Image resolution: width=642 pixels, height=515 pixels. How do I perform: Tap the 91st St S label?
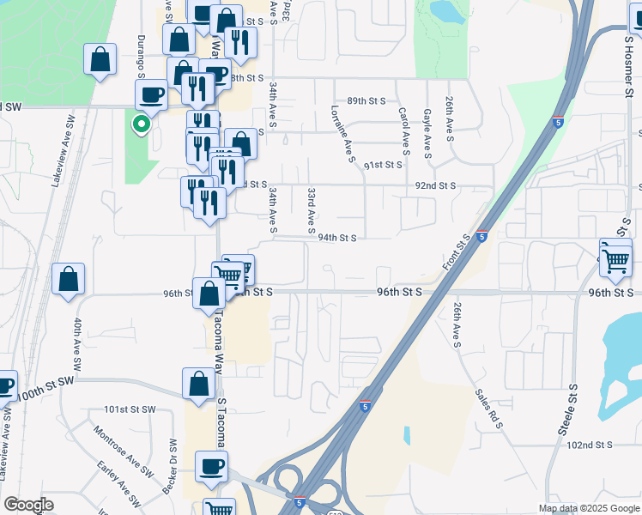pos(383,165)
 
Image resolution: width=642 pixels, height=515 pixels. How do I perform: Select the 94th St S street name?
pos(336,238)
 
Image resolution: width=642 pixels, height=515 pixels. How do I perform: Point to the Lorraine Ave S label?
pos(342,134)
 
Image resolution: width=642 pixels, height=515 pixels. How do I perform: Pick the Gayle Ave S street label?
pos(427,134)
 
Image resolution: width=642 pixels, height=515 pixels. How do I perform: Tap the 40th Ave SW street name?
pos(77,345)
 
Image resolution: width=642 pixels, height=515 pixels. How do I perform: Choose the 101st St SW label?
pos(127,409)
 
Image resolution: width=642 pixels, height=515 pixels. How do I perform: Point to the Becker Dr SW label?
pos(170,464)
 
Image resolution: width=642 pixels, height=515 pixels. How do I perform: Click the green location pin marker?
pos(141,124)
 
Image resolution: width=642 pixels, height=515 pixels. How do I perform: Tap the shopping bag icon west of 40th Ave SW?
pos(68,279)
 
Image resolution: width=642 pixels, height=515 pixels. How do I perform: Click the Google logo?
pos(28,505)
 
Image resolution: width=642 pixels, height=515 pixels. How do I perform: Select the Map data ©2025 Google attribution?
pos(589,508)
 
